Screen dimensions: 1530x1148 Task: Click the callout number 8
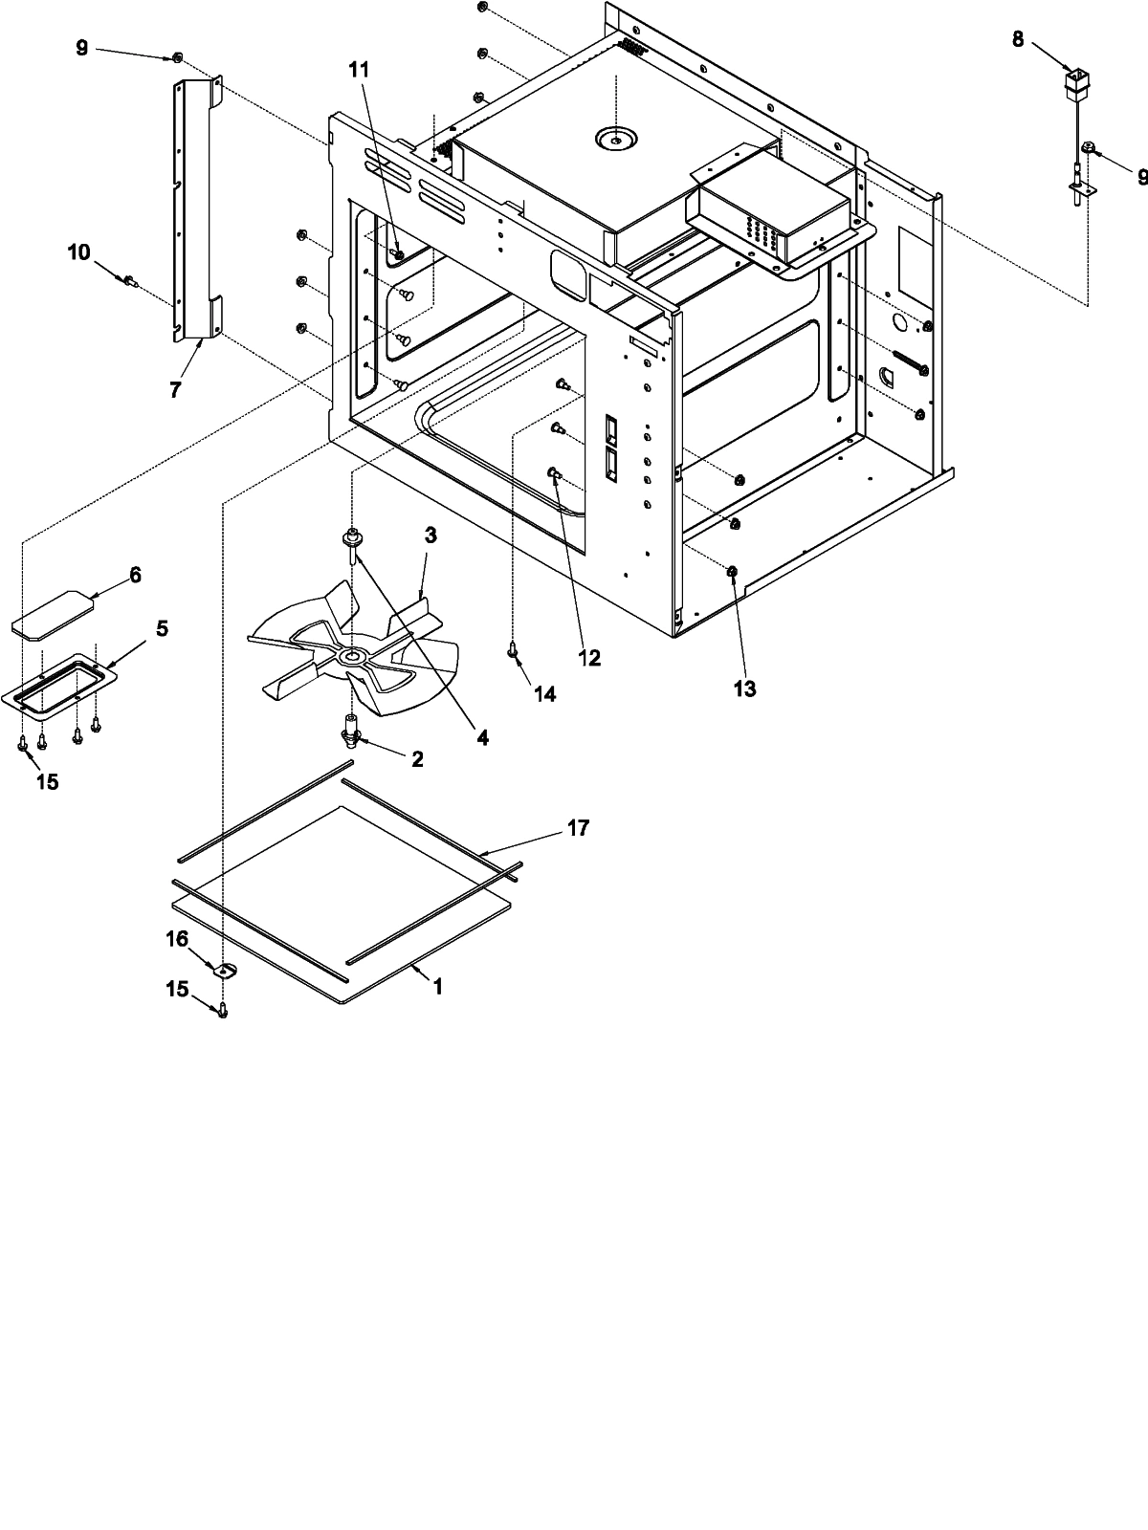coord(1017,39)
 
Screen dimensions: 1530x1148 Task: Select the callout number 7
coord(175,390)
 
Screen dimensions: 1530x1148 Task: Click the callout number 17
coord(578,828)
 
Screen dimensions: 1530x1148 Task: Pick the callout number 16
coord(178,940)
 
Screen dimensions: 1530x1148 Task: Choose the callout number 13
coord(744,688)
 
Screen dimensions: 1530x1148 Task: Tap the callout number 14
coord(544,694)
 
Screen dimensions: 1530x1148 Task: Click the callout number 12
coord(588,658)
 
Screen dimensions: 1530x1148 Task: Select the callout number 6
coord(135,575)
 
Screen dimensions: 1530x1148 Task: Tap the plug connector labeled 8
coord(1079,81)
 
